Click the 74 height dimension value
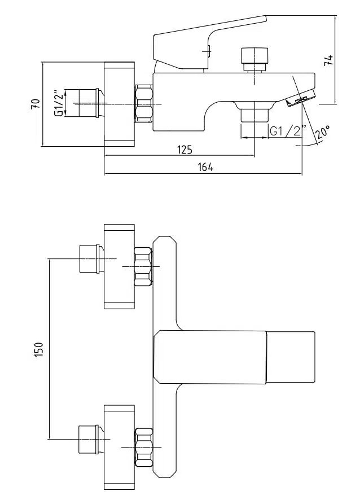(x=329, y=60)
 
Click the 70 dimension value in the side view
(x=35, y=104)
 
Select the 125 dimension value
(x=185, y=150)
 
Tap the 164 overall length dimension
(x=207, y=168)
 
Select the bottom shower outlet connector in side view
(x=254, y=115)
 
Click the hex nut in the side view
(x=144, y=104)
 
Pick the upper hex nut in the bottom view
(x=144, y=266)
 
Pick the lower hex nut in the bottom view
(x=144, y=448)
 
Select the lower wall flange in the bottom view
(x=119, y=447)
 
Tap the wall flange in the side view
(x=119, y=104)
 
